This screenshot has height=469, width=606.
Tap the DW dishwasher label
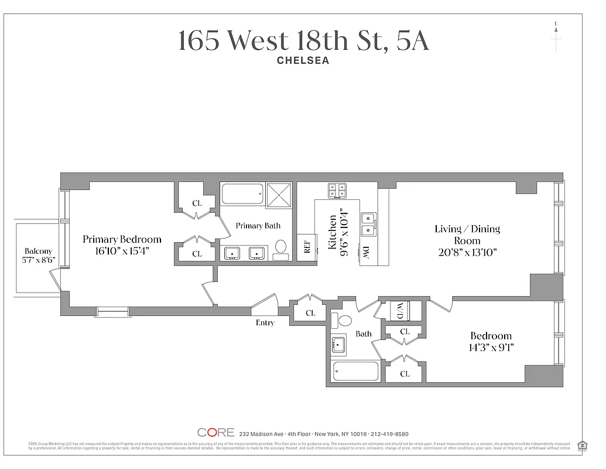pyautogui.click(x=366, y=253)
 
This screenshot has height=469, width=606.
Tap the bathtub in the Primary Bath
pyautogui.click(x=242, y=193)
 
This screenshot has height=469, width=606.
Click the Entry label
pyautogui.click(x=265, y=322)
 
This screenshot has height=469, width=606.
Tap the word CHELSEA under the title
pyautogui.click(x=303, y=60)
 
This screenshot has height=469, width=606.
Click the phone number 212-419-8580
pyautogui.click(x=390, y=434)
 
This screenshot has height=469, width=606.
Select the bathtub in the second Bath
pyautogui.click(x=355, y=371)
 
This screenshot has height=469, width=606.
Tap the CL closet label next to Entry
pyautogui.click(x=310, y=313)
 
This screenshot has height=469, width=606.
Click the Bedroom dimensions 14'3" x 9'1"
pyautogui.click(x=491, y=348)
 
